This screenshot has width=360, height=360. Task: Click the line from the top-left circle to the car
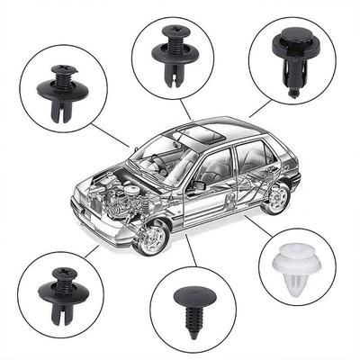pyautogui.click(x=117, y=139)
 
